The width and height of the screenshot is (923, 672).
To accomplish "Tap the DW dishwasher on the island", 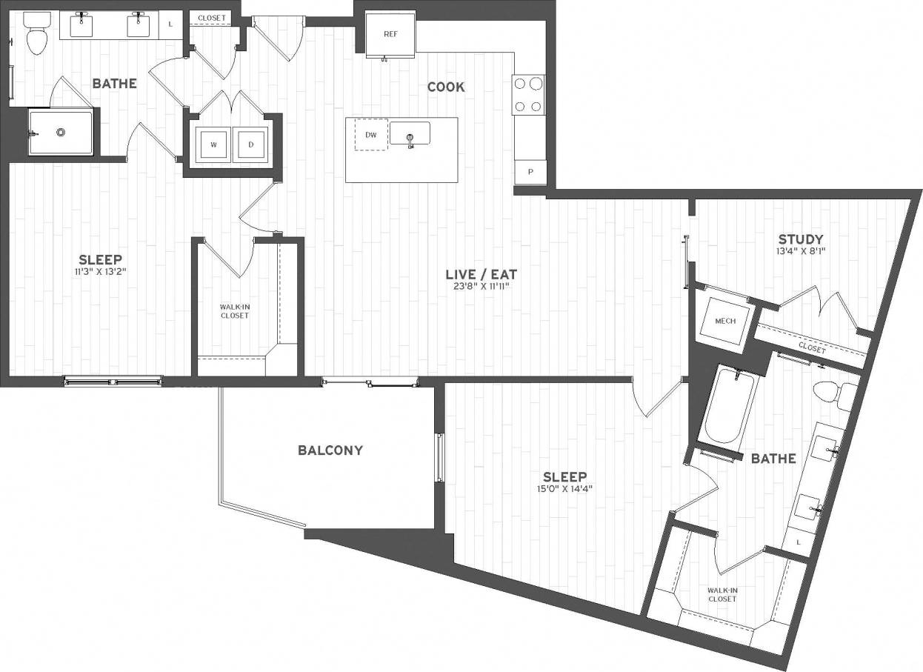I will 370,135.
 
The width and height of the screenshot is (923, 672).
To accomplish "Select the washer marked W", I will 213,144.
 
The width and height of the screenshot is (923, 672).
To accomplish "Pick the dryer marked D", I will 251,144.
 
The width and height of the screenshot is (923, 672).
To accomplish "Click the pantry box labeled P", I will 530,172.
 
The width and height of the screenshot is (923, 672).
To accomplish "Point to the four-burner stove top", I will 528,95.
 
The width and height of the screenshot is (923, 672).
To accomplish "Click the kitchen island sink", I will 410,133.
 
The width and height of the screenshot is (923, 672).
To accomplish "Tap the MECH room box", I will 725,320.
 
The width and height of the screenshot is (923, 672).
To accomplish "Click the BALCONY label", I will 330,450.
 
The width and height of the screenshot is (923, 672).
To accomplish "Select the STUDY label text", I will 801,239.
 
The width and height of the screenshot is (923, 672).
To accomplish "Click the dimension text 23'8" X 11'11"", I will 479,285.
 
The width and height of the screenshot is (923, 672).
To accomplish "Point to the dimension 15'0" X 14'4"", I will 564,488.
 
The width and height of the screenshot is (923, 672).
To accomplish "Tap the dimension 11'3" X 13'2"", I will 101,271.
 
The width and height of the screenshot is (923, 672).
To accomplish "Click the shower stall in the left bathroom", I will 61,133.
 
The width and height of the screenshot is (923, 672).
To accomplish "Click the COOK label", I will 446,87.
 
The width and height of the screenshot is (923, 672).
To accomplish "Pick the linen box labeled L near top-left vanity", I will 170,24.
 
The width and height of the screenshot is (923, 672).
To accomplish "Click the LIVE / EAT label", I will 479,273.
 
